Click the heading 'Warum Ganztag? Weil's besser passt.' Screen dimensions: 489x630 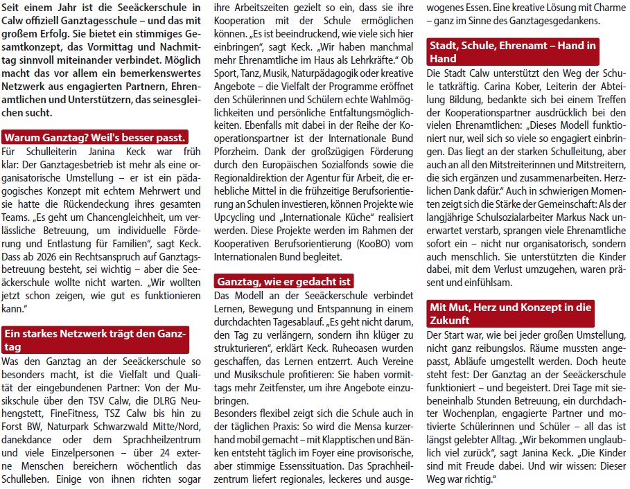(94, 136)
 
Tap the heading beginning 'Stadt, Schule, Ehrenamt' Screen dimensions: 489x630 (514, 52)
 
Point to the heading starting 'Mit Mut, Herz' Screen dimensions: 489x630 (512, 313)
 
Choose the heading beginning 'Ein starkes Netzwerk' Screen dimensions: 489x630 (96, 339)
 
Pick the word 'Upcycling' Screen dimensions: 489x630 (238, 217)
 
